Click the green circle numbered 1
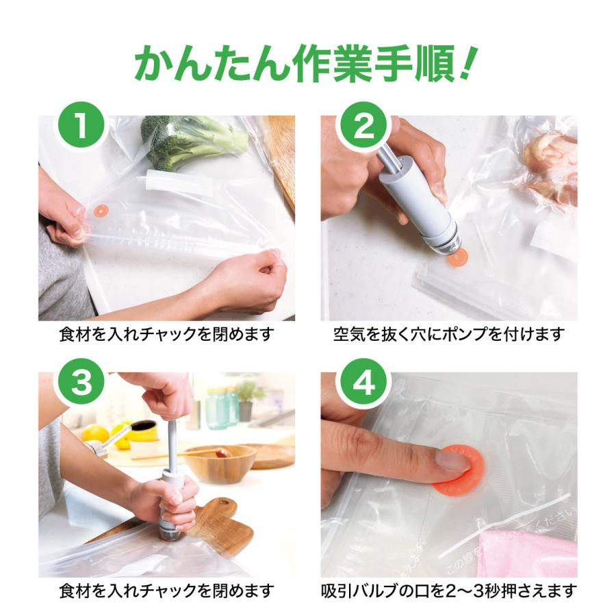pos(81,125)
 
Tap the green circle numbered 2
pos(363,125)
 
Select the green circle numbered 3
pos(81,382)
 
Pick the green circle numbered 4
pos(363,382)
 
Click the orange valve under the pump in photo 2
pos(457,258)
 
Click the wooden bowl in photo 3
pos(220,463)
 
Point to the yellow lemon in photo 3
pos(95,435)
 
